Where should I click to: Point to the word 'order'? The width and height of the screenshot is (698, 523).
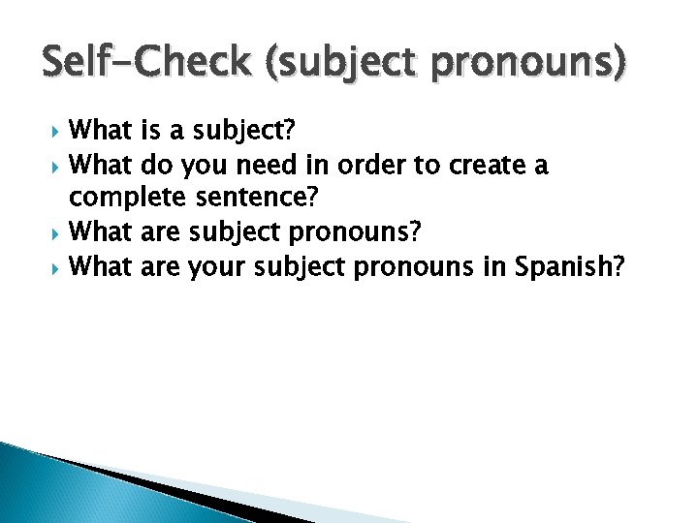point(369,166)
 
